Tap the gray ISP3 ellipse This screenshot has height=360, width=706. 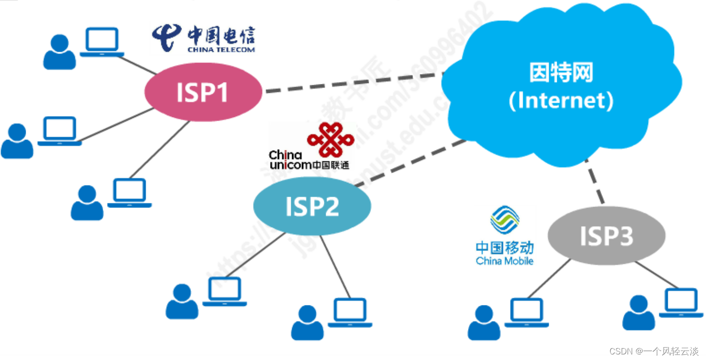[606, 235]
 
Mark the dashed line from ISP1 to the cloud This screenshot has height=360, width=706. [353, 83]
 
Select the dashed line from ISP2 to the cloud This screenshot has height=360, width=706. [411, 163]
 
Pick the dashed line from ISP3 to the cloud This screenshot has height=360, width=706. [594, 182]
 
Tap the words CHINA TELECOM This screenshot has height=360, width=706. [221, 49]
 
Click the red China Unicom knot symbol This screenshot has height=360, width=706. [330, 139]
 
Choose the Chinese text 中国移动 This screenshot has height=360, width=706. [504, 247]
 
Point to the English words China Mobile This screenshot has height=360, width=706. [504, 261]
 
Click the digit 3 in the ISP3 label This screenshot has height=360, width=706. [625, 236]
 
